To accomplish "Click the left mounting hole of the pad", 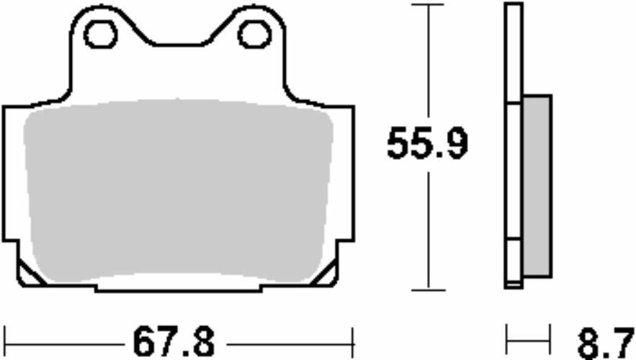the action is pyautogui.click(x=101, y=35).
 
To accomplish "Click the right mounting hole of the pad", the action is pyautogui.click(x=254, y=35).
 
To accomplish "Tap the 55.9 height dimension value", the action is pyautogui.click(x=428, y=143).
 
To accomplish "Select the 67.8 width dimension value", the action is pyautogui.click(x=174, y=343).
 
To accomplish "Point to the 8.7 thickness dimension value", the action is pyautogui.click(x=606, y=343).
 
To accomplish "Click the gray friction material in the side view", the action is pyautogui.click(x=537, y=186).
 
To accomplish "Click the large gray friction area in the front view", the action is pyautogui.click(x=179, y=191).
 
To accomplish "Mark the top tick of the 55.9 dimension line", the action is pyautogui.click(x=429, y=4).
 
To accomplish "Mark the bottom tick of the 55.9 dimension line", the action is pyautogui.click(x=429, y=290).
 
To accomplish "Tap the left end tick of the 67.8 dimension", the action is pyautogui.click(x=4, y=343).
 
